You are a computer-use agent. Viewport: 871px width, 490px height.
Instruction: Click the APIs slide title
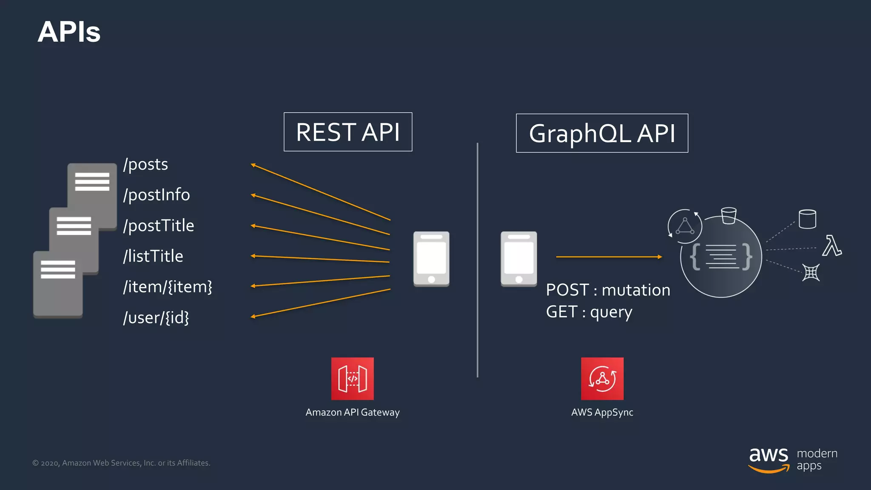69,32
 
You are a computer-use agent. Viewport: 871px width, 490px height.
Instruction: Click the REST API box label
348,132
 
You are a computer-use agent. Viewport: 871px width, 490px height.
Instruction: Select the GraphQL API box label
602,133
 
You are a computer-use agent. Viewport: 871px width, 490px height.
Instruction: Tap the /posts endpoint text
145,164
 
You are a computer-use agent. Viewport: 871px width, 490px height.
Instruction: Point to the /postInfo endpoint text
157,195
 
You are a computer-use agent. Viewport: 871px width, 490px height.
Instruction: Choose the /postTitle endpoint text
159,225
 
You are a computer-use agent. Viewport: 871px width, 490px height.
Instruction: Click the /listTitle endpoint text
153,256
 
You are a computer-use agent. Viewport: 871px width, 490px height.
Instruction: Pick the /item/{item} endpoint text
168,287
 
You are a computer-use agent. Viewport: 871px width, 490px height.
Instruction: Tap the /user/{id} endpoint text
156,317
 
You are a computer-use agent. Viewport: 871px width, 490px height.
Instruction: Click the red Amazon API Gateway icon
353,379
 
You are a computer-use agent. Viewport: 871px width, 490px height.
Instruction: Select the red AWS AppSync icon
602,379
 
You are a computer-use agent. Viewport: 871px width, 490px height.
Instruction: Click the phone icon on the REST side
431,259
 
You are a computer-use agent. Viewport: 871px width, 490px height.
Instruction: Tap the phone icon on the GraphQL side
518,259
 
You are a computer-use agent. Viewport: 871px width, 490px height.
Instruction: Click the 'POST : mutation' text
608,290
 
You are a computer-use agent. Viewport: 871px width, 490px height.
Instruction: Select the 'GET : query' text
589,312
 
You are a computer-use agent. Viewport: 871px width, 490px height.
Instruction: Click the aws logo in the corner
768,459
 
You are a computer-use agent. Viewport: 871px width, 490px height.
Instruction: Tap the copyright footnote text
121,463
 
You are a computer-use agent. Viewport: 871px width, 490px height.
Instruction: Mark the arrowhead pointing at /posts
253,165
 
